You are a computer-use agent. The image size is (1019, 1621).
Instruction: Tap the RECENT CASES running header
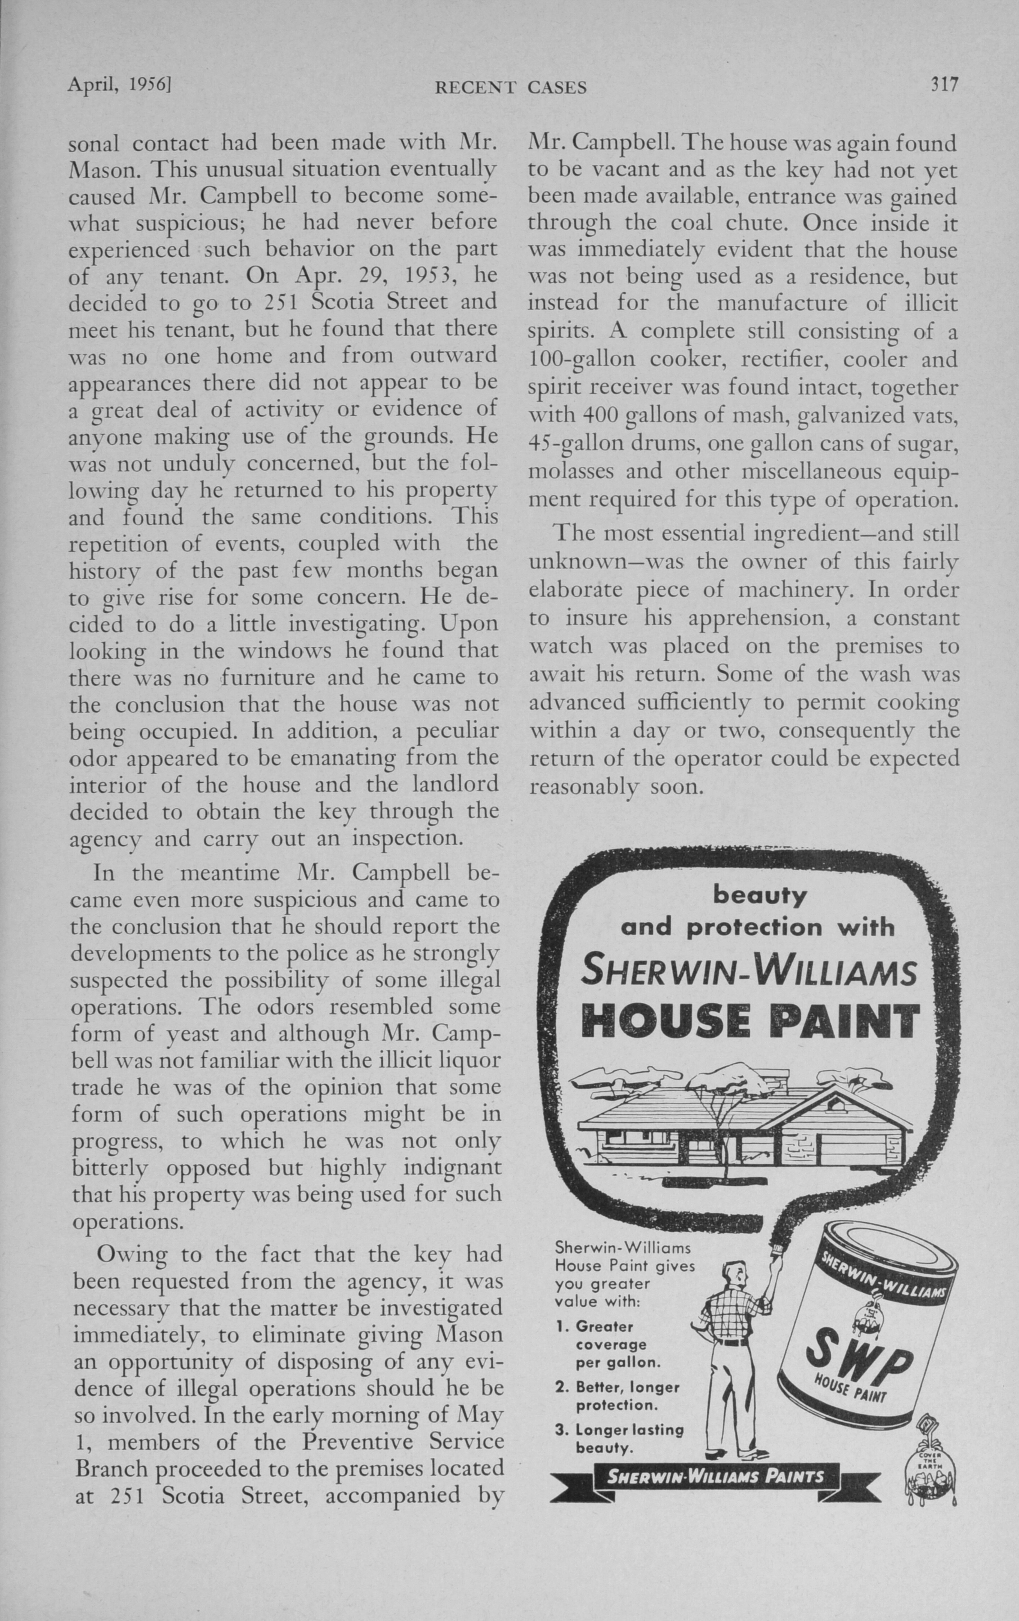click(x=511, y=88)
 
